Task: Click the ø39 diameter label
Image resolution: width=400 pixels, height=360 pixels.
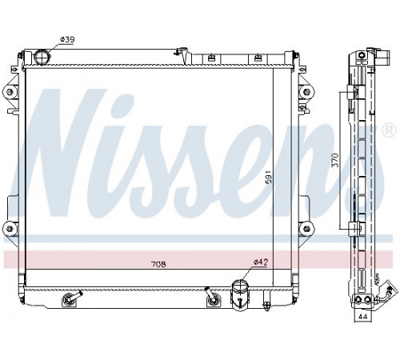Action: click(66, 40)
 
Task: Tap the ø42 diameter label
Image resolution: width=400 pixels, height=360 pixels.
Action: click(260, 262)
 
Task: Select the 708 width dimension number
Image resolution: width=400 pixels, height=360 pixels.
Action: click(158, 264)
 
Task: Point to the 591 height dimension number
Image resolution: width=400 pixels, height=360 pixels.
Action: click(269, 177)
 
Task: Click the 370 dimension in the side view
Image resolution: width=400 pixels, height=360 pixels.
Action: click(335, 160)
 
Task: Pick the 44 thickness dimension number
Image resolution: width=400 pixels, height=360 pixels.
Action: click(362, 317)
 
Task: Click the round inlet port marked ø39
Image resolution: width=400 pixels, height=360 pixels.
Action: click(42, 57)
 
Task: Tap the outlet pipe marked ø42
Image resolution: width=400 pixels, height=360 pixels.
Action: click(240, 295)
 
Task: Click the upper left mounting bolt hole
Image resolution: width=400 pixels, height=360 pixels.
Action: click(10, 92)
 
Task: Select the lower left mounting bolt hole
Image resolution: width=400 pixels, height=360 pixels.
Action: click(10, 229)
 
